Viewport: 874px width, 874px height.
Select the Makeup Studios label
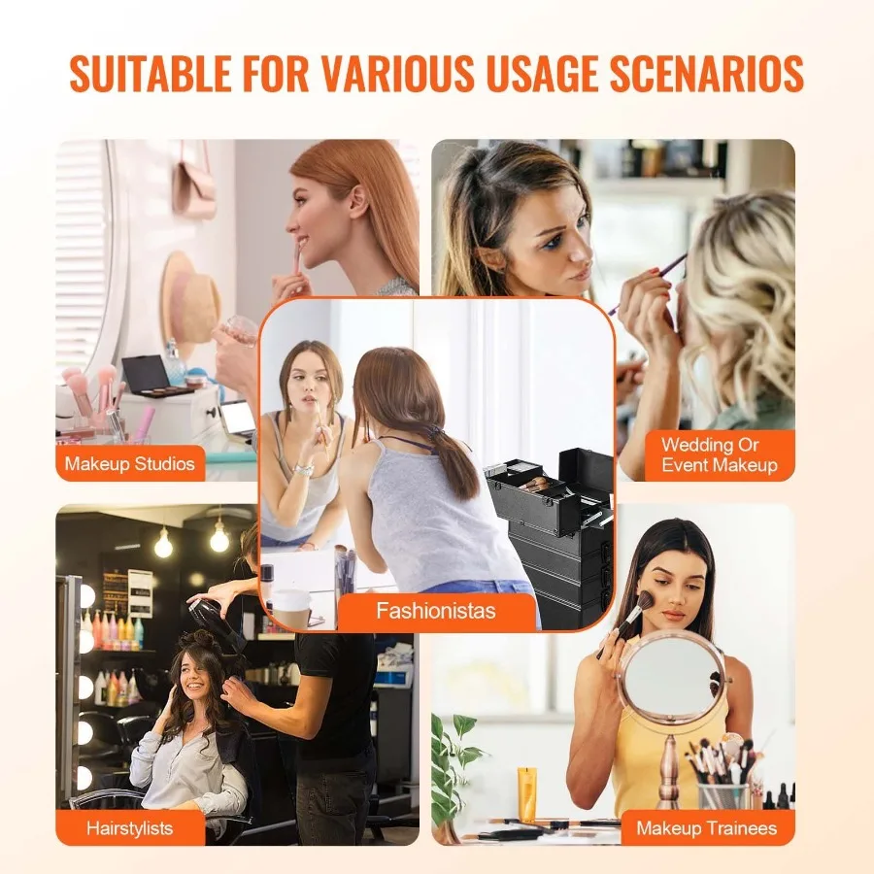[x=129, y=463]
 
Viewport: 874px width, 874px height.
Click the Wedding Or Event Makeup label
[x=719, y=455]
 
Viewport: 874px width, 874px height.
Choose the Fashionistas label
[x=436, y=611]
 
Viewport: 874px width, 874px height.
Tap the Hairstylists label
[x=129, y=828]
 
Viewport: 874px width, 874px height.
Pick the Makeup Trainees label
[x=706, y=828]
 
